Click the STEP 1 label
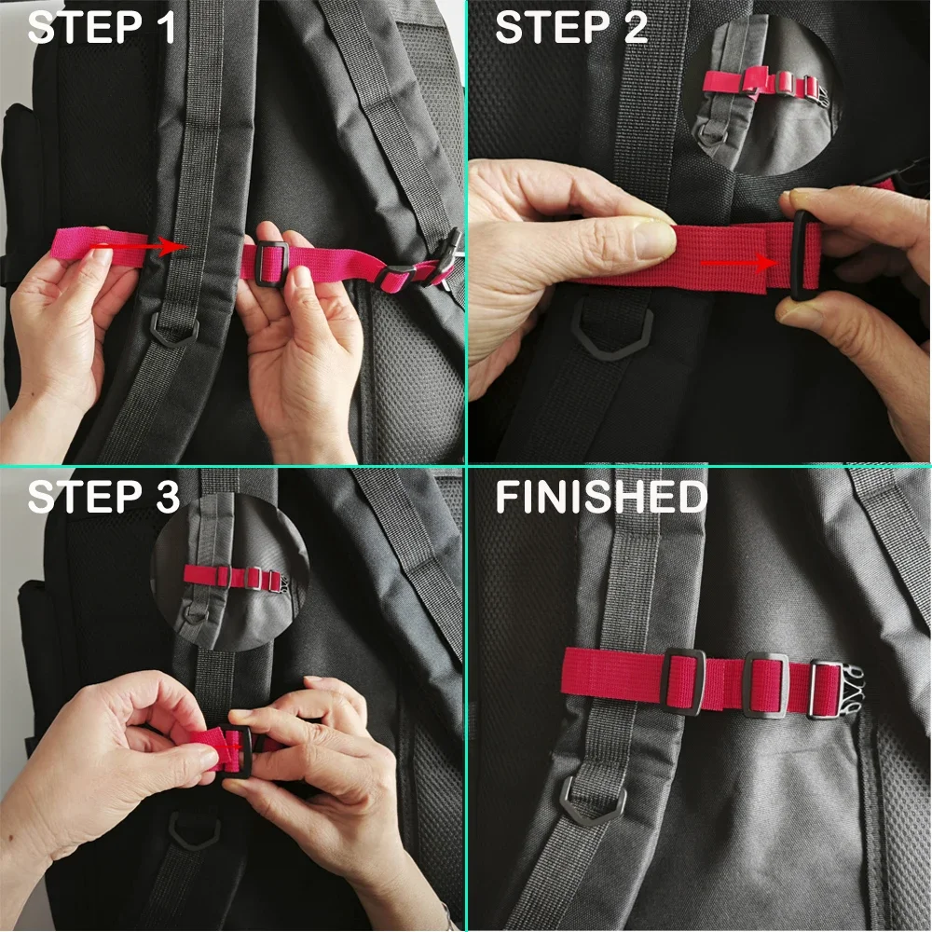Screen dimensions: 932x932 click(102, 28)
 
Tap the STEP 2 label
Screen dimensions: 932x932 click(570, 28)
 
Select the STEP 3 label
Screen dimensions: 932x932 click(103, 497)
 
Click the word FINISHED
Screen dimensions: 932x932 click(601, 497)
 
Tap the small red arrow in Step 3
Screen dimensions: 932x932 click(229, 747)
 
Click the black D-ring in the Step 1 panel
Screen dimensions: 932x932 click(173, 330)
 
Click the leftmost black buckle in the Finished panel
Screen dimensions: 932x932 click(683, 682)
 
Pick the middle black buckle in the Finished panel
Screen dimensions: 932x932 click(766, 685)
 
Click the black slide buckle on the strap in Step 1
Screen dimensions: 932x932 click(272, 265)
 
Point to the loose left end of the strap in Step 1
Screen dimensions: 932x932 click(65, 245)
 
